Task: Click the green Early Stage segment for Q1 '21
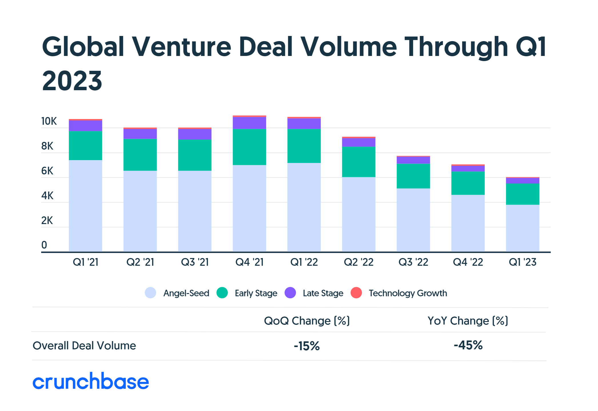click(x=85, y=146)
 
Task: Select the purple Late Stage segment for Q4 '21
click(x=249, y=123)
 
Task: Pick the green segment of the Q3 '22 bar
click(x=413, y=176)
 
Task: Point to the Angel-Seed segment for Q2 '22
click(x=358, y=214)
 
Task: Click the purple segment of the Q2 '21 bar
click(x=140, y=134)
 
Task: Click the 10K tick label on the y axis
click(x=49, y=121)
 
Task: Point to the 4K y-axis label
click(x=47, y=196)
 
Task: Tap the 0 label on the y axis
click(x=44, y=245)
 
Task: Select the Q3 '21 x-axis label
click(x=195, y=262)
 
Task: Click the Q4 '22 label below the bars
click(x=468, y=262)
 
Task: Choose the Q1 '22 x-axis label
click(x=304, y=262)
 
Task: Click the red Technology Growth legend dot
click(x=356, y=293)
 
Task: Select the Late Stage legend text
click(x=323, y=293)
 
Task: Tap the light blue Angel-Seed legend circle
click(x=150, y=293)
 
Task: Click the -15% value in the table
click(x=307, y=346)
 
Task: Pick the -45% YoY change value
click(x=468, y=345)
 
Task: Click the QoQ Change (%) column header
click(x=307, y=321)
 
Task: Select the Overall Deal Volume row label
click(x=84, y=346)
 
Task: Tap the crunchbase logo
click(x=91, y=381)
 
